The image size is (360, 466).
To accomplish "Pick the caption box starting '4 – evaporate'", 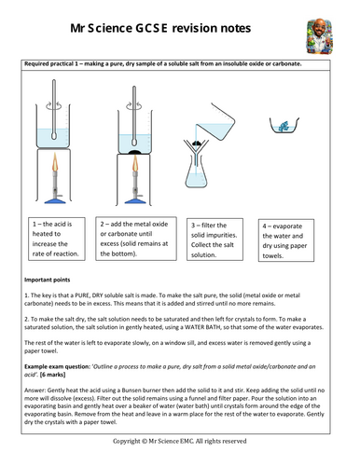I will (298, 237).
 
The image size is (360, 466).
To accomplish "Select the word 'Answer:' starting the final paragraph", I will (36, 393).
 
